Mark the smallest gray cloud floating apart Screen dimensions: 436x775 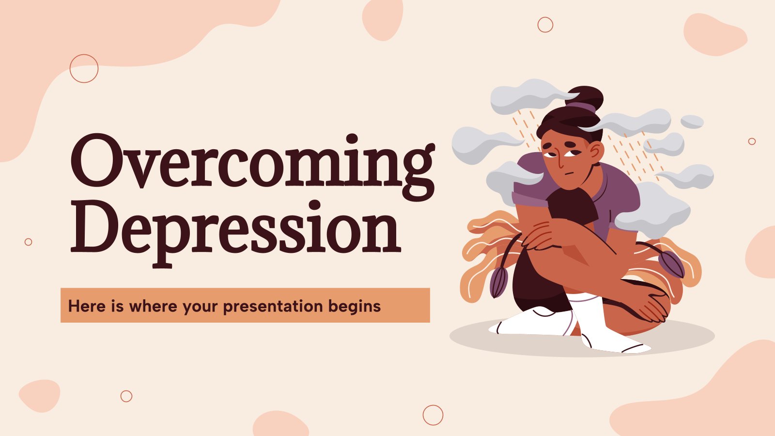tap(692, 122)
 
